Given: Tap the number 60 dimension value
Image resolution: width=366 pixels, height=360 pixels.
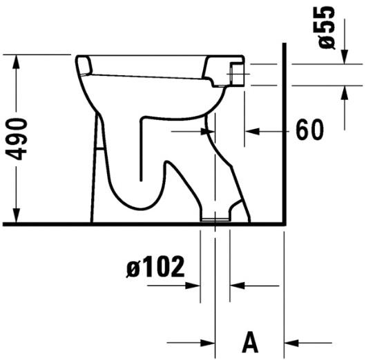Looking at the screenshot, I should pyautogui.click(x=310, y=130).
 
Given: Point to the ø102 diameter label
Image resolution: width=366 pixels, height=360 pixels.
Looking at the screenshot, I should pyautogui.click(x=155, y=267).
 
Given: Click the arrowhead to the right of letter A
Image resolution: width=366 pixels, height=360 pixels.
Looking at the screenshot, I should pyautogui.click(x=291, y=341).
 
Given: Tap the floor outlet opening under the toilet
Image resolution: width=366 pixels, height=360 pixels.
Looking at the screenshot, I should pyautogui.click(x=215, y=220).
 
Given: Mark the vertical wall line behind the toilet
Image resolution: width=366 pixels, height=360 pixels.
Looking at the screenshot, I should pyautogui.click(x=285, y=138).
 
